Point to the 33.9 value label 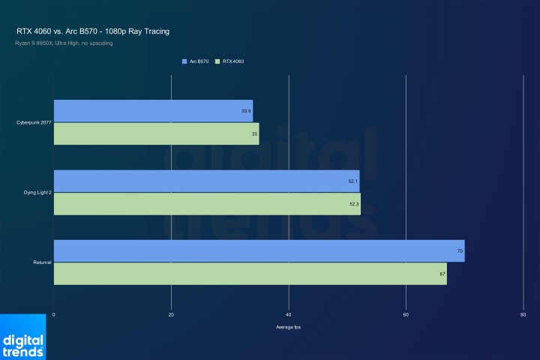246,111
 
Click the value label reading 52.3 354,204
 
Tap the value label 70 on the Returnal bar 460,251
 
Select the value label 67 442,274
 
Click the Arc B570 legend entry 196,61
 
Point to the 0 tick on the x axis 54,314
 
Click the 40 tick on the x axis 289,314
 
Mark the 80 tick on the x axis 523,314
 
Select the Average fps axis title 289,327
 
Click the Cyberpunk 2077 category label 32,122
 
